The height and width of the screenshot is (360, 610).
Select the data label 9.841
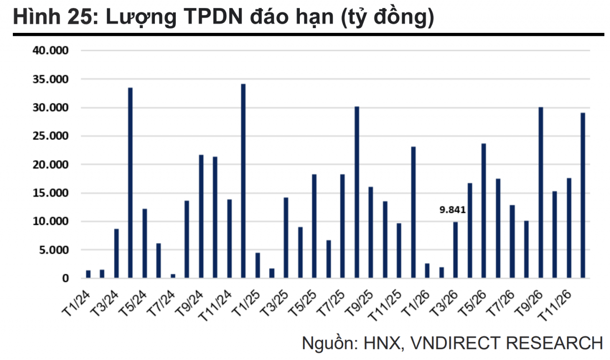pyautogui.click(x=452, y=210)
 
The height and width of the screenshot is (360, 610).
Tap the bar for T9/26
pyautogui.click(x=540, y=193)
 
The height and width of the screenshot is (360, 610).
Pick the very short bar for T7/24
pyautogui.click(x=173, y=276)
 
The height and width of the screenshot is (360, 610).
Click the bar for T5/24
pyautogui.click(x=144, y=243)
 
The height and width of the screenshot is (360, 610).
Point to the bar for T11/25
pyautogui.click(x=399, y=250)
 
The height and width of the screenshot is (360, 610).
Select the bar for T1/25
pyautogui.click(x=258, y=265)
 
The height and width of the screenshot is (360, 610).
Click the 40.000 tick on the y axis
pyautogui.click(x=51, y=51)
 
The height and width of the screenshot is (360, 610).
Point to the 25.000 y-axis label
pyautogui.click(x=51, y=136)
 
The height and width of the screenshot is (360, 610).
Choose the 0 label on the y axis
pyautogui.click(x=65, y=279)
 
